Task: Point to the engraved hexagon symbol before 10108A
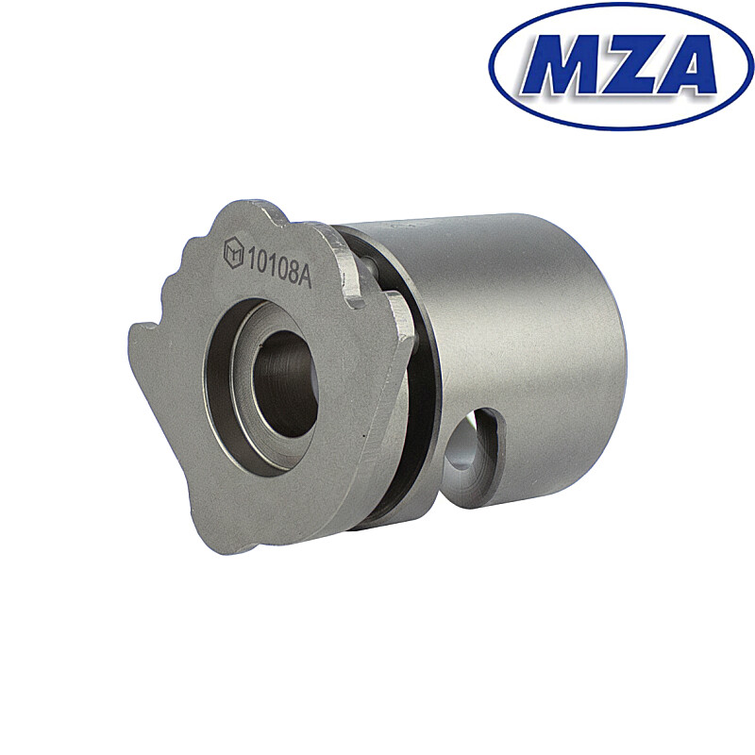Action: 233,252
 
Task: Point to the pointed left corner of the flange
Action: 133,330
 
